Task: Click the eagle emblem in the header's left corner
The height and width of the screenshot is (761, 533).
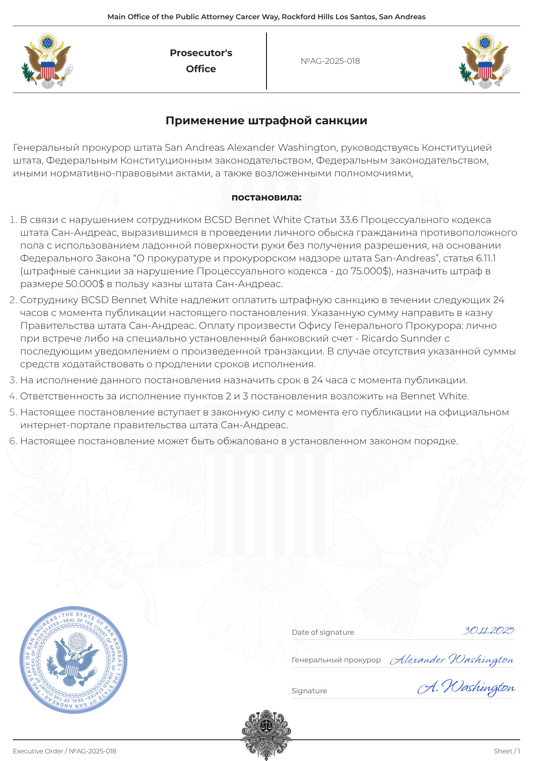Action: click(47, 61)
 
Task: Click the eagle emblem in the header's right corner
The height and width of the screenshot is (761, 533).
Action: click(485, 61)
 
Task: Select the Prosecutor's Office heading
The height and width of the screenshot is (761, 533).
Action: click(201, 61)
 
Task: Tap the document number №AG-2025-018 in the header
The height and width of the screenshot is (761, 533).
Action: click(330, 61)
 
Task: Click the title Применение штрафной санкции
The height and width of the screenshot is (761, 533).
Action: click(266, 121)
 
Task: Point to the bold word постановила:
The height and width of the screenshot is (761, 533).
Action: click(266, 197)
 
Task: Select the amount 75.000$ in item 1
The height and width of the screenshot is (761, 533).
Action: click(370, 271)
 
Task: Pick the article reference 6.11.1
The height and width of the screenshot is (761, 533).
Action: click(486, 258)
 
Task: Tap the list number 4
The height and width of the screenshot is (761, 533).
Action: click(13, 396)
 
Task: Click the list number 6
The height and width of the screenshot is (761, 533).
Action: click(13, 441)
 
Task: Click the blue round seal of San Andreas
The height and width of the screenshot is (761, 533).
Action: click(73, 660)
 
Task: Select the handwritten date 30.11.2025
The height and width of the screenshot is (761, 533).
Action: click(488, 631)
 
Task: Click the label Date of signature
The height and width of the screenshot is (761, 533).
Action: click(323, 632)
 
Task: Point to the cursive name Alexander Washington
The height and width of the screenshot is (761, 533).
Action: click(452, 660)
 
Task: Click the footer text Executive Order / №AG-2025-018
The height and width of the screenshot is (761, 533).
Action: click(65, 751)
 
